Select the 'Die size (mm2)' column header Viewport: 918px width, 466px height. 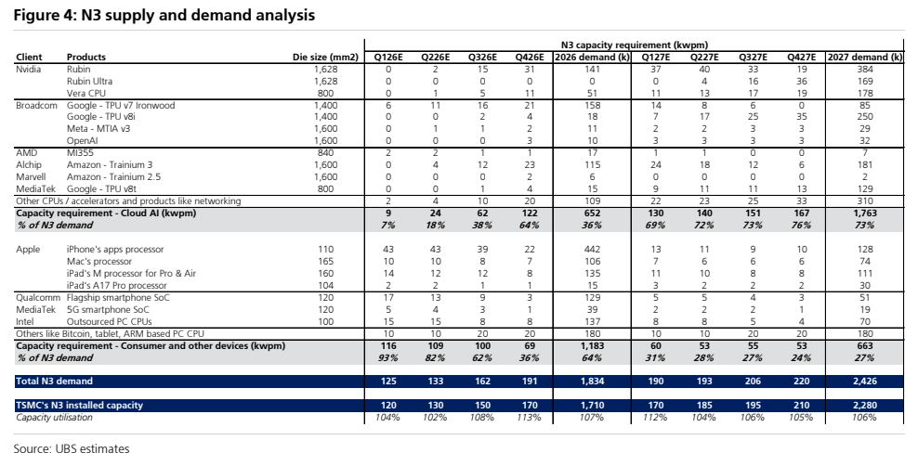click(325, 58)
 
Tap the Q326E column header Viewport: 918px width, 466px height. click(482, 58)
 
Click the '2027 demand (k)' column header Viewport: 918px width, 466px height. click(864, 58)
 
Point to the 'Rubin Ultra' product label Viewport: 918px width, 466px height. click(89, 82)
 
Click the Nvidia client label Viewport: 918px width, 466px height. click(29, 69)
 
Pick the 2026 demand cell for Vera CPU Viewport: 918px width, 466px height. click(592, 93)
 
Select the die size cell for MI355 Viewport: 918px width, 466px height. click(325, 153)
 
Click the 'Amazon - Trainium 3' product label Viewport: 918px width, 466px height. click(110, 165)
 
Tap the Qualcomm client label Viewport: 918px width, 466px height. click(38, 298)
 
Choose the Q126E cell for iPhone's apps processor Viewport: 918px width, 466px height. click(388, 250)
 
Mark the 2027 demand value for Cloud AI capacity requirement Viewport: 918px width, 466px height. click(864, 214)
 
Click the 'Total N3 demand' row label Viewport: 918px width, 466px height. click(55, 382)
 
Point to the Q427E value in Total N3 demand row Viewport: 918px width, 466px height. click(801, 382)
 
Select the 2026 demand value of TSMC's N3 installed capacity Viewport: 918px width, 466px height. click(592, 405)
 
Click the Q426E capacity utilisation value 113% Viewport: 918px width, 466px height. click(530, 418)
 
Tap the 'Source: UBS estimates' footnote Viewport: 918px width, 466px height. click(72, 449)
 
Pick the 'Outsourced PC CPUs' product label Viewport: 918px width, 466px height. click(109, 321)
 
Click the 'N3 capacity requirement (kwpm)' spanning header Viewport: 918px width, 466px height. click(634, 45)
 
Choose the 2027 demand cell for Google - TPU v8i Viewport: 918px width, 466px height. click(864, 117)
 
